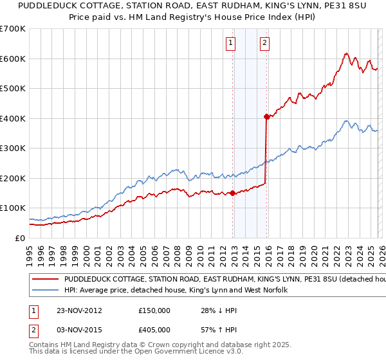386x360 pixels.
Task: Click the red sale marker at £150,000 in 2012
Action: click(x=232, y=193)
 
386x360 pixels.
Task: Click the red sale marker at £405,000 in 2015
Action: click(x=266, y=117)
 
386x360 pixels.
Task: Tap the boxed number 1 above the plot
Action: click(x=230, y=44)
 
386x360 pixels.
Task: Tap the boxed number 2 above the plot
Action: click(x=264, y=44)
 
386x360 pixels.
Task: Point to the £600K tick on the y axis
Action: click(x=13, y=59)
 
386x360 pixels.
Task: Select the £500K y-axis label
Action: click(x=13, y=88)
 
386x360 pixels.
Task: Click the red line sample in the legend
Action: click(x=45, y=280)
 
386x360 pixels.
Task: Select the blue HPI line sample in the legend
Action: click(x=45, y=291)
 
